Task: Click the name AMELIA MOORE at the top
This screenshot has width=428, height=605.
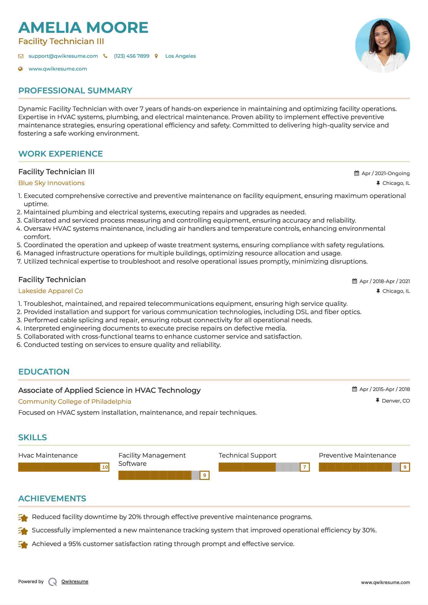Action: tap(83, 28)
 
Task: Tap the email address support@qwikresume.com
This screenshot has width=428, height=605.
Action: tap(63, 56)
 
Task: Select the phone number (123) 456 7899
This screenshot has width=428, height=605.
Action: tap(131, 56)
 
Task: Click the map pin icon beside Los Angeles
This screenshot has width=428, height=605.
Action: tap(156, 56)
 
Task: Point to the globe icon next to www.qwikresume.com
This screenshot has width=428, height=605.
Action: tap(20, 69)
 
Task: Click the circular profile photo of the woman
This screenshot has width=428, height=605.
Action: tap(382, 45)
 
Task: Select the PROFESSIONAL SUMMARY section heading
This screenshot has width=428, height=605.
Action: tap(75, 91)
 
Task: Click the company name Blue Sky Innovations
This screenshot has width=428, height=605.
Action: tap(51, 183)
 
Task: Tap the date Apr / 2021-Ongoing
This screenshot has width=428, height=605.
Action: tap(385, 173)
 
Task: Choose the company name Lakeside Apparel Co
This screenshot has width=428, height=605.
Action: tap(50, 291)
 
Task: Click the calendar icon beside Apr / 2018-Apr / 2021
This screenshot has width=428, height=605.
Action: tap(354, 281)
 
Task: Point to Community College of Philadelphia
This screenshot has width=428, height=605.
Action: tap(75, 402)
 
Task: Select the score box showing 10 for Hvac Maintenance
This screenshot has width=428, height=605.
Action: tap(105, 467)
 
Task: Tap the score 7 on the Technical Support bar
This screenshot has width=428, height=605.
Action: tap(304, 467)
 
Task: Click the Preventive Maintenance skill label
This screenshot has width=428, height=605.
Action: tap(357, 455)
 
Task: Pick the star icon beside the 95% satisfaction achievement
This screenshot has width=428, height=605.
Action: tap(23, 544)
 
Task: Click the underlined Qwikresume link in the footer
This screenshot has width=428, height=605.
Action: tap(75, 582)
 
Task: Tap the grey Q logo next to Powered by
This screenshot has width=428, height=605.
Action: tap(53, 582)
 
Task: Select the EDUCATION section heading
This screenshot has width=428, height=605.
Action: tap(44, 372)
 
